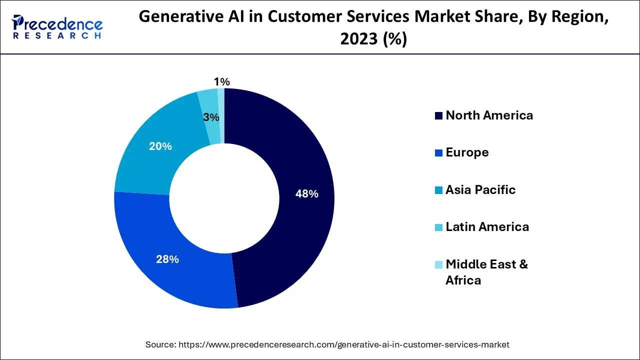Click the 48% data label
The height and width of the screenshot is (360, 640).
(306, 194)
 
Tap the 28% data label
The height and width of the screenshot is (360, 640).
(167, 259)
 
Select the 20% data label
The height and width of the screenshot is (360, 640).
(160, 146)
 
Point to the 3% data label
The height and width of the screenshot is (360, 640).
(211, 117)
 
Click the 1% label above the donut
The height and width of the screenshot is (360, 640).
(221, 81)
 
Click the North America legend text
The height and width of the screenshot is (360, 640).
(489, 115)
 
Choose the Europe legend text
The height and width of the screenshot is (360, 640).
(467, 152)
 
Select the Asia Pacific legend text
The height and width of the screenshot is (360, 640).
(480, 190)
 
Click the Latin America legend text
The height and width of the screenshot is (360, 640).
(487, 227)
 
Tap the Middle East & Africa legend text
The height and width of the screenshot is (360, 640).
(486, 272)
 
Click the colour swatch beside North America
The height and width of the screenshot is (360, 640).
(438, 116)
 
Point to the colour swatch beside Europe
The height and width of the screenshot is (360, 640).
(438, 153)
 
